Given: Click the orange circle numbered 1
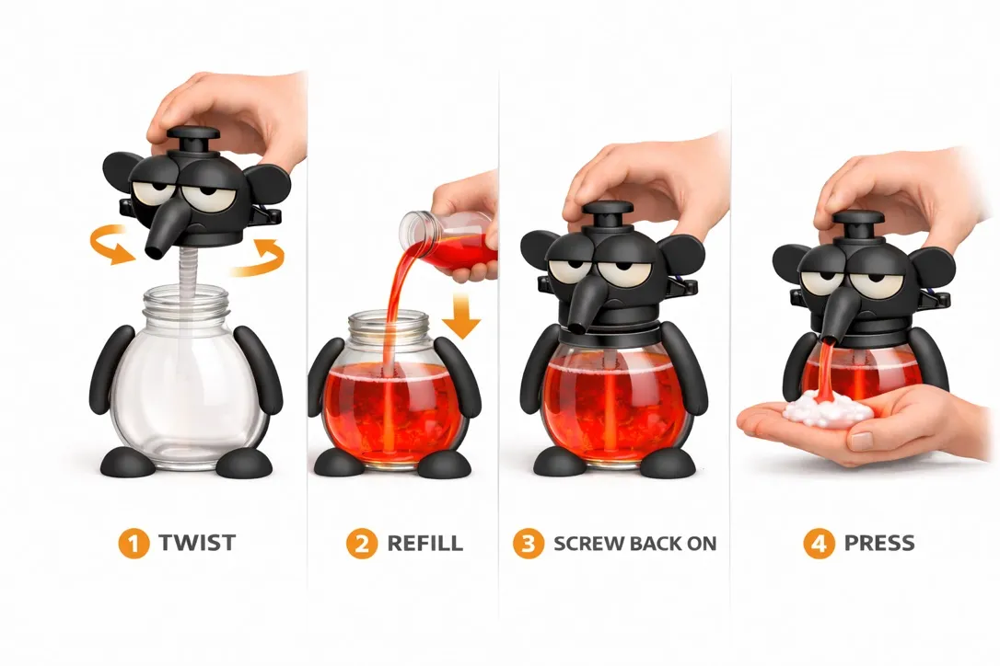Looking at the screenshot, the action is coord(134,544).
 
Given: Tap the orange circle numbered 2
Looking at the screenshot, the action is coord(362,544).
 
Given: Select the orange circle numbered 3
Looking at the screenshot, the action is coord(528,544).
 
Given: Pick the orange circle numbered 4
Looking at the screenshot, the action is coord(819,544).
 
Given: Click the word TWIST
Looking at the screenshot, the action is coord(197,543).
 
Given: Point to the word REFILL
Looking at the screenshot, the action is coord(424,543).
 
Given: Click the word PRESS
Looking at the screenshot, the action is coord(879,543).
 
